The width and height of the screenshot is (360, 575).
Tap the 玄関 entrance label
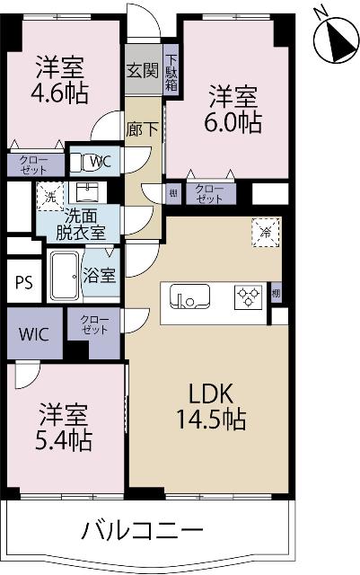142,70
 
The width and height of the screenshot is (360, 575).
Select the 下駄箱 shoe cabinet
171,70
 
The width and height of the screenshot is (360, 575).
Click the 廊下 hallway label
143,128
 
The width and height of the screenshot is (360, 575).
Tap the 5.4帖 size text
65,440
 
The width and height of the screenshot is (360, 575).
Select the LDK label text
211,394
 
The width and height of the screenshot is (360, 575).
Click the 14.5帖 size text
212,419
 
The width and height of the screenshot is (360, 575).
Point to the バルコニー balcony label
145,529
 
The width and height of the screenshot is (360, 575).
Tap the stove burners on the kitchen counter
248,296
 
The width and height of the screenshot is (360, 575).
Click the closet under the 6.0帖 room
209,192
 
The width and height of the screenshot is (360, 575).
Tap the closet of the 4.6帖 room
35,164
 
